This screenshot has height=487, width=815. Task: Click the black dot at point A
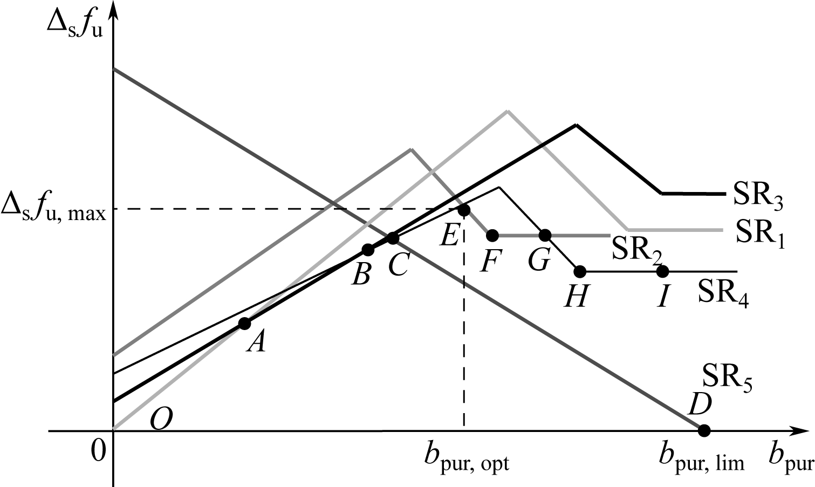point(244,324)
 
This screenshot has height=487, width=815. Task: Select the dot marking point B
point(368,250)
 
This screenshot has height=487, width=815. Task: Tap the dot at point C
point(393,238)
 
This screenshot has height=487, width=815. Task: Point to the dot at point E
point(464,210)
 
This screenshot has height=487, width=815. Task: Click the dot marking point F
point(492,235)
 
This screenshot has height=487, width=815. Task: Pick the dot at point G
point(545,235)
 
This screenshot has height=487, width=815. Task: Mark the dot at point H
point(580,271)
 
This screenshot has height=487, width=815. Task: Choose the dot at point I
point(662,271)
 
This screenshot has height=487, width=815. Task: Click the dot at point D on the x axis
point(704,430)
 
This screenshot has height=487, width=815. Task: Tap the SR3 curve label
point(757,200)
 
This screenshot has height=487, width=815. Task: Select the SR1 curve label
point(760,236)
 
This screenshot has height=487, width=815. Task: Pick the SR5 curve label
point(727,380)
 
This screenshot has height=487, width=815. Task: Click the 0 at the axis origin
point(99,452)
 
